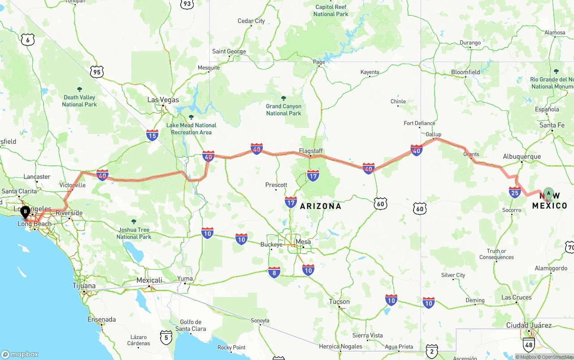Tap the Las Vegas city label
click(x=163, y=100)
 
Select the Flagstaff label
click(x=311, y=151)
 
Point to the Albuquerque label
click(x=522, y=156)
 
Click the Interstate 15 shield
click(x=152, y=135)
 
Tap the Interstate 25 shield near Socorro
click(x=515, y=192)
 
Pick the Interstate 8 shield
click(x=274, y=272)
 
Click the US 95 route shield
click(x=96, y=71)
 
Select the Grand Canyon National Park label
click(x=283, y=109)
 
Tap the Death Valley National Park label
click(x=79, y=100)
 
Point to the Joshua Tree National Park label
click(x=134, y=233)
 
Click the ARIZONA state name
click(x=321, y=206)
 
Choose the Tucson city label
click(x=339, y=302)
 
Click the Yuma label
click(x=185, y=278)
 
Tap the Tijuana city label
click(x=84, y=286)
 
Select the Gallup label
click(x=433, y=134)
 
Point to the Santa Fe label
click(x=552, y=125)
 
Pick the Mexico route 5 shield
click(x=166, y=337)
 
